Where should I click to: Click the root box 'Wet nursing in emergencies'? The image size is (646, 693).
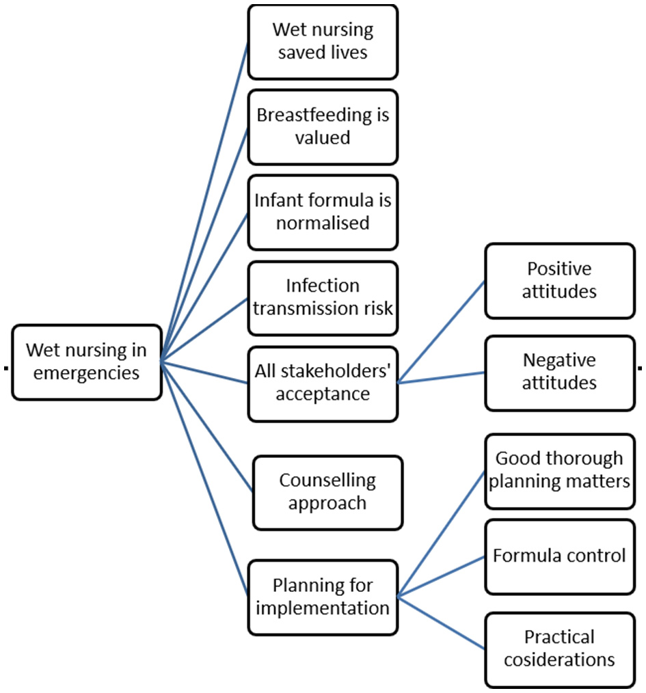click(87, 362)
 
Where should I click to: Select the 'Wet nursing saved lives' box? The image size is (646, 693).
click(323, 42)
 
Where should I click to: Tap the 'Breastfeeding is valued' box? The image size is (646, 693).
click(323, 126)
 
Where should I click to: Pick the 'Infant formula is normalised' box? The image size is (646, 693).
click(323, 212)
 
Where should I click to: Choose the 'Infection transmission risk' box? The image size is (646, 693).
click(323, 297)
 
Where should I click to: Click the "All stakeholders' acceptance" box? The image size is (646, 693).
click(323, 383)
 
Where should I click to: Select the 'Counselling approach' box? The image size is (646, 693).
click(327, 492)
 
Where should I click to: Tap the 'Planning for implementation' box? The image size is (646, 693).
click(323, 597)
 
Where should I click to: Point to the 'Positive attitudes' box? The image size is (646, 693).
click(560, 280)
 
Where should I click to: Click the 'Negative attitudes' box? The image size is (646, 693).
click(560, 372)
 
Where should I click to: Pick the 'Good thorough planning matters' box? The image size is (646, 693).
click(560, 470)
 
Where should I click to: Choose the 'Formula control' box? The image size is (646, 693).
click(560, 556)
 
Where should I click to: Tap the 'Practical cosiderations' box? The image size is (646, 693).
click(560, 649)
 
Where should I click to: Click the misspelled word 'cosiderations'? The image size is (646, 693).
click(560, 660)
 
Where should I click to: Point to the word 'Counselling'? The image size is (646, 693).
click(327, 480)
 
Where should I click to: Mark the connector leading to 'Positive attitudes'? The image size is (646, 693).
click(442, 331)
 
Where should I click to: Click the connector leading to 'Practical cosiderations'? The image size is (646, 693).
click(442, 622)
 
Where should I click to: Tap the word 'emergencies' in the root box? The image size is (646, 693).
click(87, 374)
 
